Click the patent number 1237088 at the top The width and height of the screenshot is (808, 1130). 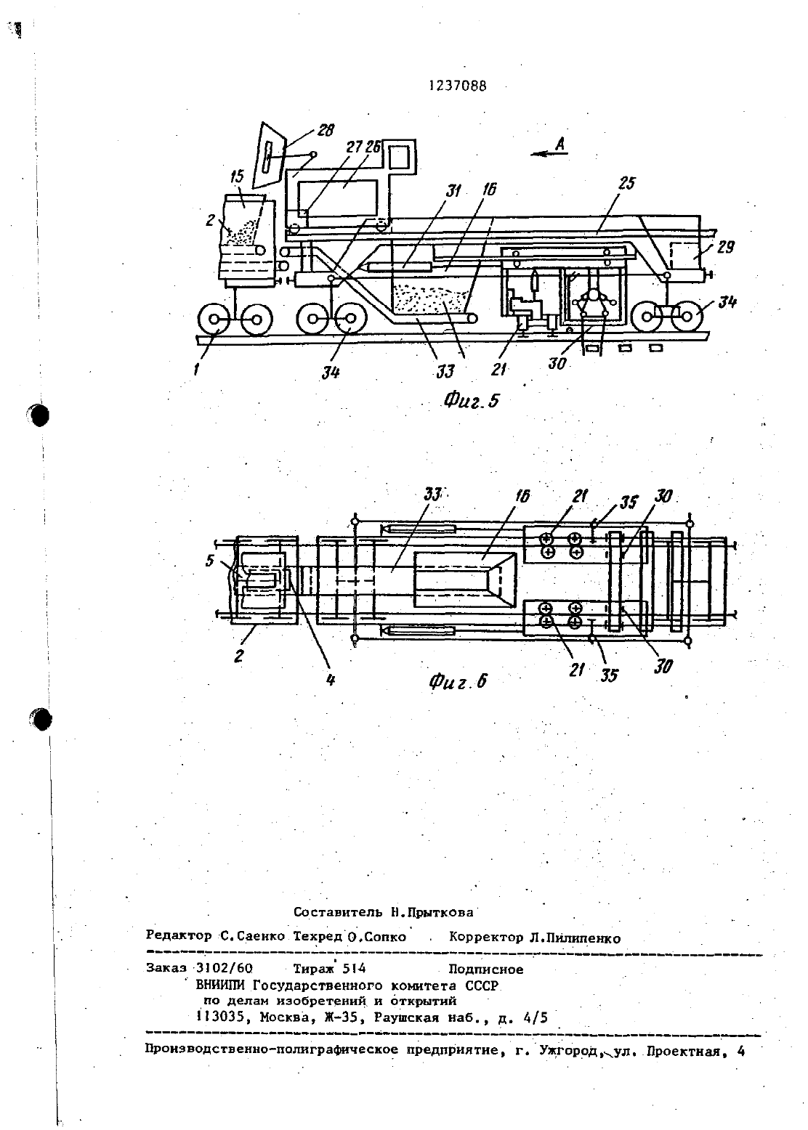click(x=458, y=86)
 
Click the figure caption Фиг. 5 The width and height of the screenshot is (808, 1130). click(x=471, y=400)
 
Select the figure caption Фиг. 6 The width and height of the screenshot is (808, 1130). click(x=458, y=681)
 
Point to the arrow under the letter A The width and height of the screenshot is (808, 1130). click(x=550, y=154)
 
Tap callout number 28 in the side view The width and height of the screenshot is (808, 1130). click(x=326, y=130)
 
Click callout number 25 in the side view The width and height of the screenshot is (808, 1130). click(x=626, y=183)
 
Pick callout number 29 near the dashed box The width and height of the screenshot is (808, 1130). click(x=725, y=247)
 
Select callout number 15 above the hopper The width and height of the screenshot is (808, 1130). click(x=237, y=176)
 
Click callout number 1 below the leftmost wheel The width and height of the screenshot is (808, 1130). click(x=195, y=370)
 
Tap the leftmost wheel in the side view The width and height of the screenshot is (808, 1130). click(x=214, y=320)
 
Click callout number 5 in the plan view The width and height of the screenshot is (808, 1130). click(x=210, y=561)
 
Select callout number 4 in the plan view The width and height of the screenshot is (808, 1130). click(x=331, y=680)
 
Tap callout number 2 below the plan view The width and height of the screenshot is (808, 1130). click(x=239, y=656)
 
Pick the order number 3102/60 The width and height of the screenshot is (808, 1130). click(x=224, y=969)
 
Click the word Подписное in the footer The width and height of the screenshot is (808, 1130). click(x=486, y=970)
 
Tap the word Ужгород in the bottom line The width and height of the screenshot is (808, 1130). click(x=569, y=1050)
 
